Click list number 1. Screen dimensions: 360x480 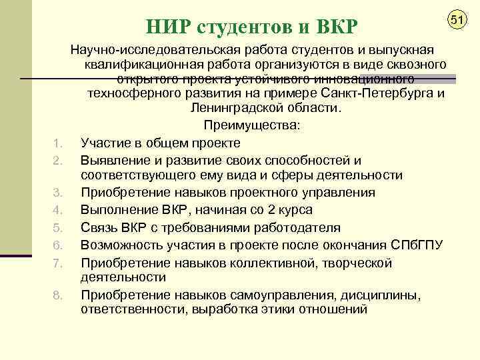click(x=57, y=143)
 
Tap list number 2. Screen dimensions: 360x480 click(x=57, y=160)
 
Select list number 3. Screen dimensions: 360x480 click(x=57, y=193)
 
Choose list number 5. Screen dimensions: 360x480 click(x=57, y=227)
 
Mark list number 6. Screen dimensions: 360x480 click(x=57, y=244)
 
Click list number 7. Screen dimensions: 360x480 click(x=57, y=261)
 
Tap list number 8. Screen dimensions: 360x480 click(x=57, y=295)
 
